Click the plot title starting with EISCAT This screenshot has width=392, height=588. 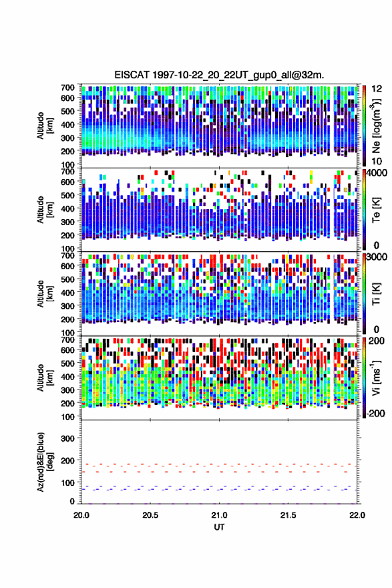tap(219, 75)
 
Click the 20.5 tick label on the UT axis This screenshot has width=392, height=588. tap(150, 515)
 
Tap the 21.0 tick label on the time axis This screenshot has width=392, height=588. tap(219, 515)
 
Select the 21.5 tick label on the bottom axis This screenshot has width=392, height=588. tap(288, 515)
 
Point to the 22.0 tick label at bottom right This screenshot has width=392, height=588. tap(357, 515)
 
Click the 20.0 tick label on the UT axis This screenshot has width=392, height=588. tap(81, 515)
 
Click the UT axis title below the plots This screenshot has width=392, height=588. tap(219, 527)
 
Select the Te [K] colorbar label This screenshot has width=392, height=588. tap(376, 210)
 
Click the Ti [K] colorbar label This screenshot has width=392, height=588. tap(376, 293)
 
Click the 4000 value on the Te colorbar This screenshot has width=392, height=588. tap(377, 173)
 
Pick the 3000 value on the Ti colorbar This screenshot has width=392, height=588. tap(377, 257)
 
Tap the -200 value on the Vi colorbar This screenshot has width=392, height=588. tap(375, 413)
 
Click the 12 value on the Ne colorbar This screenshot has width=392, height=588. tap(377, 89)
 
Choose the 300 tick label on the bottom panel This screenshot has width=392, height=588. tap(67, 438)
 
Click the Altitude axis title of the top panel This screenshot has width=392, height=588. tap(45, 126)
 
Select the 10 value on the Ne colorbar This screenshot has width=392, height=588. tap(377, 161)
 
